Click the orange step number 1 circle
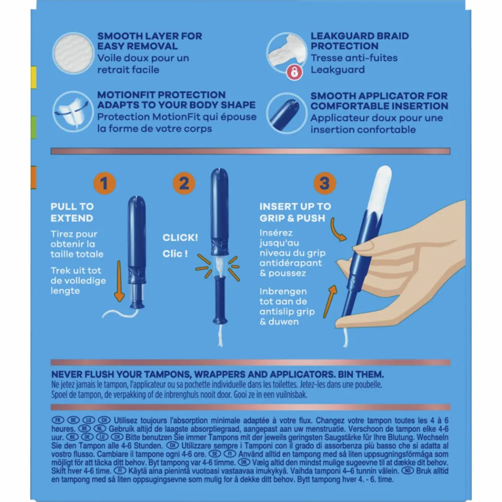pos(104,183)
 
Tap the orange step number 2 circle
pos(184,183)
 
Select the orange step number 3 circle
pos(325,183)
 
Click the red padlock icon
pos(294,72)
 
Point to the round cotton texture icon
pos(73,53)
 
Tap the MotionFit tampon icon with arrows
pos(73,112)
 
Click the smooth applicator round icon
pos(287,113)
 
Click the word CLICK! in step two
pos(180,237)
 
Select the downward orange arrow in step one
pos(119,281)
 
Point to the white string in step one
pos(120,313)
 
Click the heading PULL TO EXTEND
pos(72,212)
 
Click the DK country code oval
pos(243,462)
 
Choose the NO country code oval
pos(408,471)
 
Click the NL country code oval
pos(99,429)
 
